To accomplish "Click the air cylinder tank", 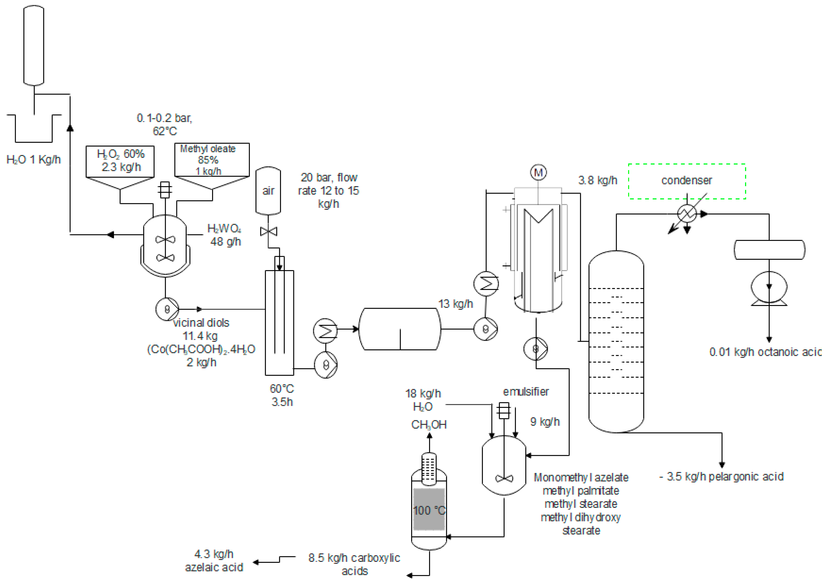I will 268,191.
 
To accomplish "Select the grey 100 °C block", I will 429,509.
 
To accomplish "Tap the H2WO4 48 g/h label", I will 224,235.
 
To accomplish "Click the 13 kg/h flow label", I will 455,304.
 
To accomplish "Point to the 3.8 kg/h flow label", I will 598,180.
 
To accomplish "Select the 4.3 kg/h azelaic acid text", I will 214,561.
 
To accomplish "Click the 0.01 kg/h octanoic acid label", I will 765,352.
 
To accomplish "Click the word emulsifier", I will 526,392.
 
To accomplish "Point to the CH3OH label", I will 429,425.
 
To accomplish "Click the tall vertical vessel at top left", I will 34,45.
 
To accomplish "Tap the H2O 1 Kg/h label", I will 34,160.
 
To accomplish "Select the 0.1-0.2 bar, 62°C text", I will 165,124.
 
